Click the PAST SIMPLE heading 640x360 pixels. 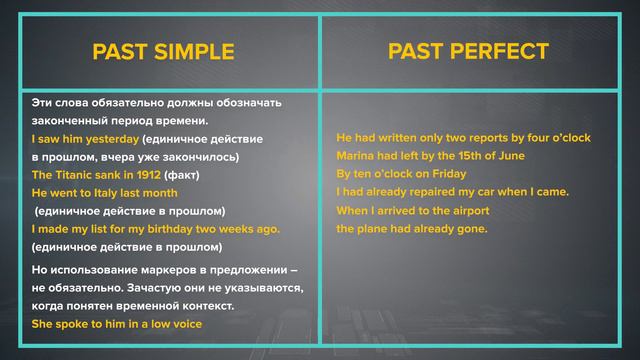click(x=162, y=52)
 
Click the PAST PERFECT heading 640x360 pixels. click(x=482, y=51)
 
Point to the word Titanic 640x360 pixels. click(x=76, y=175)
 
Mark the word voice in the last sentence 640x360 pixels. click(x=184, y=324)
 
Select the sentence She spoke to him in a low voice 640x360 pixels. click(x=117, y=324)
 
